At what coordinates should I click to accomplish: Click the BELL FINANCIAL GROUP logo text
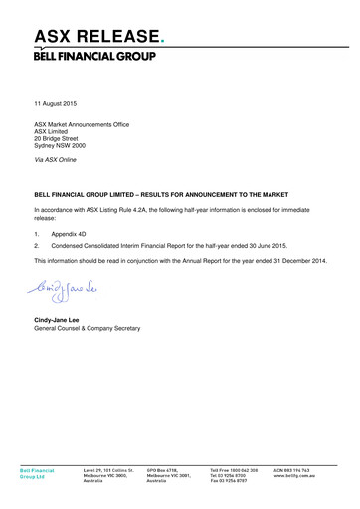pos(94,56)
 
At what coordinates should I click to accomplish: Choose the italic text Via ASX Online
pos(56,159)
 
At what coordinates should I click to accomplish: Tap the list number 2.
pos(37,245)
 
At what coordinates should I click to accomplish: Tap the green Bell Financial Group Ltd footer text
pos(38,472)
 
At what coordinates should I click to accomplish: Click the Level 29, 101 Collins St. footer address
pos(107,467)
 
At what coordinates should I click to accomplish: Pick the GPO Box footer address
pos(167,467)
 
